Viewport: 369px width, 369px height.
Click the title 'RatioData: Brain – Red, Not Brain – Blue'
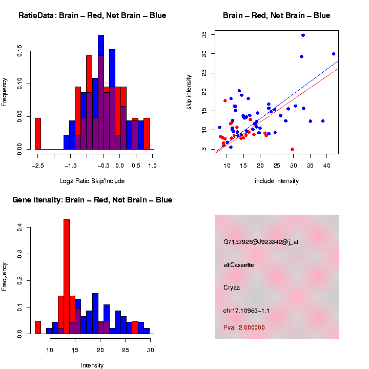pyautogui.click(x=92, y=15)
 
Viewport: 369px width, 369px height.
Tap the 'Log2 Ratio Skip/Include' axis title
pyautogui.click(x=92, y=180)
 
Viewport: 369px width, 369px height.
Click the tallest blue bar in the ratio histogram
pyautogui.click(x=101, y=92)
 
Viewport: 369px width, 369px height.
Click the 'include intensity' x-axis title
pyautogui.click(x=276, y=180)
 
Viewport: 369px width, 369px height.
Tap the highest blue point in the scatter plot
pyautogui.click(x=303, y=35)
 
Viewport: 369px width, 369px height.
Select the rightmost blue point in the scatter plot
pyautogui.click(x=334, y=54)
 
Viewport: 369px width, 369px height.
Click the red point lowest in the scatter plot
pyautogui.click(x=292, y=149)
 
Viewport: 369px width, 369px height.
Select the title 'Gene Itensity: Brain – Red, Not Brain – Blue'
pyautogui.click(x=92, y=200)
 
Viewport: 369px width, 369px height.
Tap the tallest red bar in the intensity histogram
pyautogui.click(x=67, y=277)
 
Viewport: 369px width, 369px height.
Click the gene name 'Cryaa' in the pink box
pyautogui.click(x=232, y=288)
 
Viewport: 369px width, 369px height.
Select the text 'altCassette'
pyautogui.click(x=239, y=265)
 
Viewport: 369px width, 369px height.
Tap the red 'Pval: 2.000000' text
pyautogui.click(x=244, y=327)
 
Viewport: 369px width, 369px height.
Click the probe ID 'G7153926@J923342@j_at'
pyautogui.click(x=261, y=241)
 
